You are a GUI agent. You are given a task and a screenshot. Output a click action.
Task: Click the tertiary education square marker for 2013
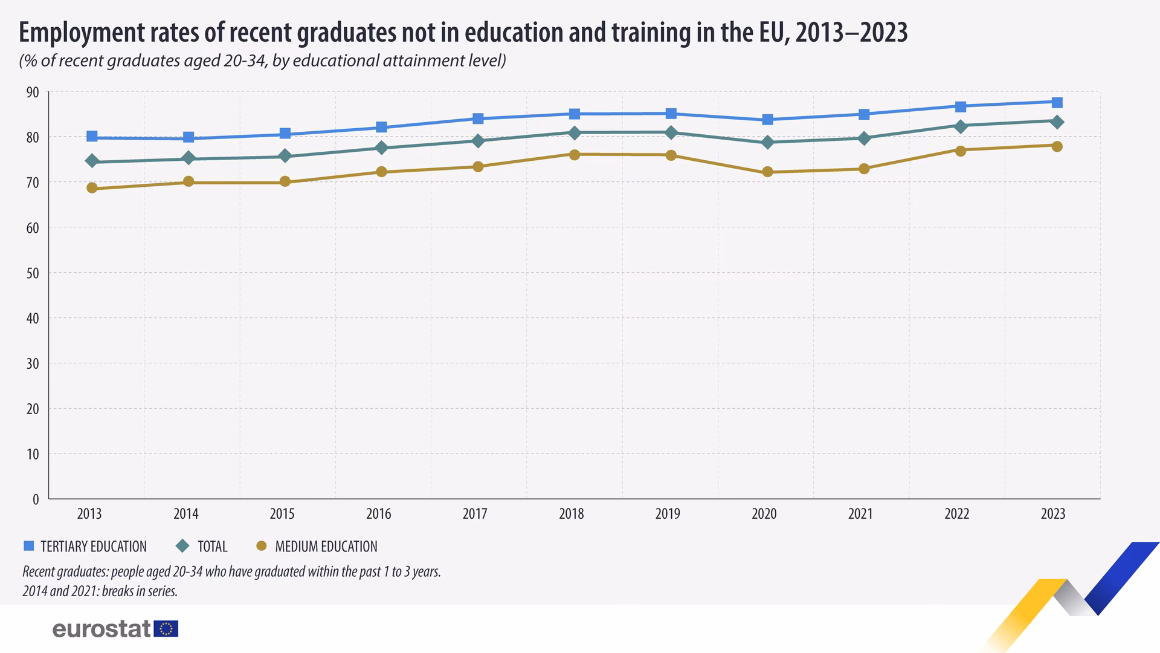92,136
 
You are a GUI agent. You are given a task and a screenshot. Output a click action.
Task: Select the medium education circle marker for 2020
767,172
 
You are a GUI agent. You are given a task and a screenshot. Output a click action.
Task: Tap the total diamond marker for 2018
575,132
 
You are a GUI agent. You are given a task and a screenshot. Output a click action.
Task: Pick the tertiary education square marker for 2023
1057,102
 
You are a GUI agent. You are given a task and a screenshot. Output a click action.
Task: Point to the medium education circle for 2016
381,172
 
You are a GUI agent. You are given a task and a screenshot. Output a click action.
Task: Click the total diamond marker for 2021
864,138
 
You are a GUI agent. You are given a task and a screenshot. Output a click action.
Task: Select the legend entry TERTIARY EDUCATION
85,547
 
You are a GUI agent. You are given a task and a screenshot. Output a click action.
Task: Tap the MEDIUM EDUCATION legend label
317,547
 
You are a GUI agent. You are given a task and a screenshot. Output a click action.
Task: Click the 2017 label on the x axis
475,514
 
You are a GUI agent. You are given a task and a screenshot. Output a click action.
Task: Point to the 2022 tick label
956,514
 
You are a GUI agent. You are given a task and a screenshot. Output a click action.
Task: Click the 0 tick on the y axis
36,499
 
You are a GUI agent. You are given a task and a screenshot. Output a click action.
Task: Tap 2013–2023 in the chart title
851,32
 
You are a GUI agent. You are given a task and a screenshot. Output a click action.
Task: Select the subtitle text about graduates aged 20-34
262,60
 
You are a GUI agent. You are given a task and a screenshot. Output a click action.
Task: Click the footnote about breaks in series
100,591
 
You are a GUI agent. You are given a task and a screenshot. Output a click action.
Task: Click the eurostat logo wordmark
101,629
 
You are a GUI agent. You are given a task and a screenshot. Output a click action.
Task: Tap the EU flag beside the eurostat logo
166,629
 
